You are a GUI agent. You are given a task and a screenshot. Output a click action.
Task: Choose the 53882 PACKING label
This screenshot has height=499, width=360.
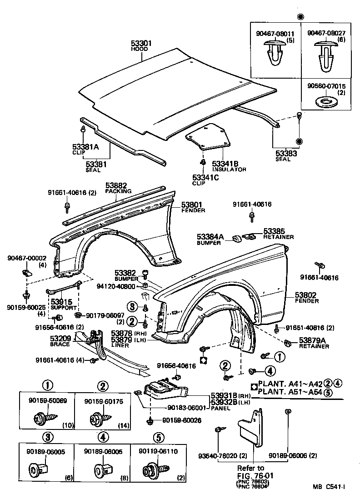click(x=118, y=188)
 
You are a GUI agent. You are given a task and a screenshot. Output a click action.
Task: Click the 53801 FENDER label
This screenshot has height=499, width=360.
click(x=193, y=207)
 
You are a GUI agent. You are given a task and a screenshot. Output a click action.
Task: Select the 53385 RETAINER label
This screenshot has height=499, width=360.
click(x=278, y=234)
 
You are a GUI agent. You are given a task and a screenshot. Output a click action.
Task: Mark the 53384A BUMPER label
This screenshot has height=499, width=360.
click(x=210, y=240)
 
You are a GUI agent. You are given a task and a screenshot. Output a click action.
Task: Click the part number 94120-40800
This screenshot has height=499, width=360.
click(x=116, y=287)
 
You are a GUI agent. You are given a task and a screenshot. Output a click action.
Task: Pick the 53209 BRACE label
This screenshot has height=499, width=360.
click(x=60, y=341)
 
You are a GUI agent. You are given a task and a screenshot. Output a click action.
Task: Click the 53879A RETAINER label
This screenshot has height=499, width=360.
click(x=314, y=343)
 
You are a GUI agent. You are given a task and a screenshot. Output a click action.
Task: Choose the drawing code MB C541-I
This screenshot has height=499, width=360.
click(x=328, y=487)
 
